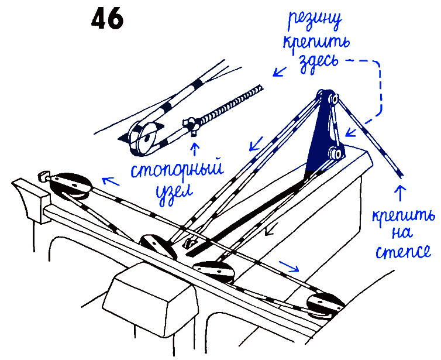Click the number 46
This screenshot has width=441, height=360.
tap(108, 20)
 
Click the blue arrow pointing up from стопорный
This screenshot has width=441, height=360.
tap(194, 145)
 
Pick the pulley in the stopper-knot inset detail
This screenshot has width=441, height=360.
tap(144, 138)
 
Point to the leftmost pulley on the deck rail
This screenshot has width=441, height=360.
tap(70, 186)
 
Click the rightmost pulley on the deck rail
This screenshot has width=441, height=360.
tap(324, 303)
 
